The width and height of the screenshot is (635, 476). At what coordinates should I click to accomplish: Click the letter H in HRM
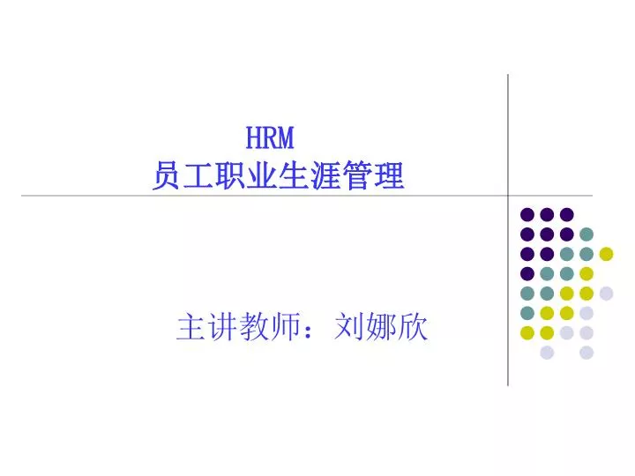(253, 138)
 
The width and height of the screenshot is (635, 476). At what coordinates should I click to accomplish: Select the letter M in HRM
(286, 138)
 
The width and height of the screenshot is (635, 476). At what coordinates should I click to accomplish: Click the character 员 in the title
(167, 175)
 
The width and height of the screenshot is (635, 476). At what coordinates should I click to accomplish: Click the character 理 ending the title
(389, 175)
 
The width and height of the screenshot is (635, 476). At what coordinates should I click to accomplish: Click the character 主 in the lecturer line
(190, 326)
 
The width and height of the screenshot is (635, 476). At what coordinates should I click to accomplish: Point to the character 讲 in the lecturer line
(222, 326)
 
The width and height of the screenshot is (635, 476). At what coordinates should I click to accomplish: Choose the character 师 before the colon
(286, 326)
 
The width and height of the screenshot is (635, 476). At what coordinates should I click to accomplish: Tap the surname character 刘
(349, 326)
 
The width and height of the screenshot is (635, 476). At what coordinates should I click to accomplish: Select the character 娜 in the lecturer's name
(381, 326)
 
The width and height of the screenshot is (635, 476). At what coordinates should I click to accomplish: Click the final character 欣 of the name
(413, 326)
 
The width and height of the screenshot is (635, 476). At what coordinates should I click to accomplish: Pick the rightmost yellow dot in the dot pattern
(606, 254)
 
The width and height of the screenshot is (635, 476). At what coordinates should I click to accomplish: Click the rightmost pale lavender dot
(606, 294)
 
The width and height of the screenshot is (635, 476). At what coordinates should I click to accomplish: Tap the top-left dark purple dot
(527, 214)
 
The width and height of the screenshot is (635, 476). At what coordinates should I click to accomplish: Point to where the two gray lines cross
(508, 196)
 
